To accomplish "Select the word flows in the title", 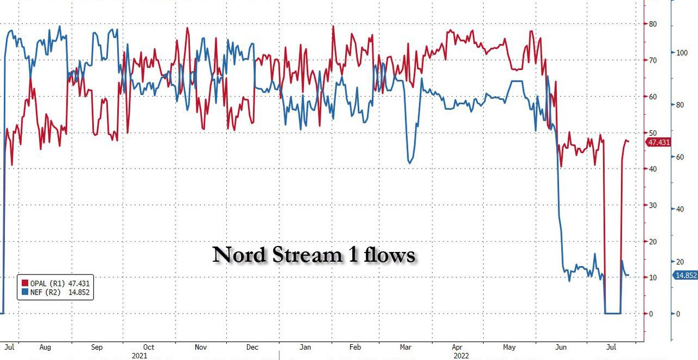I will tap(390, 255).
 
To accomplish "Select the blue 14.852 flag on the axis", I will tap(685, 275).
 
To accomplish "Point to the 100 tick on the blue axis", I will tap(682, 53).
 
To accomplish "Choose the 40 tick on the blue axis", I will tap(679, 209).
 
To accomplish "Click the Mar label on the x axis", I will tap(406, 347).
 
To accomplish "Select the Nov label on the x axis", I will tap(200, 347).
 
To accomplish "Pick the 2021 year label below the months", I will tap(140, 355).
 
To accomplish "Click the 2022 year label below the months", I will tap(461, 355).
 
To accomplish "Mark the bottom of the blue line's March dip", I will tap(410, 163).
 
